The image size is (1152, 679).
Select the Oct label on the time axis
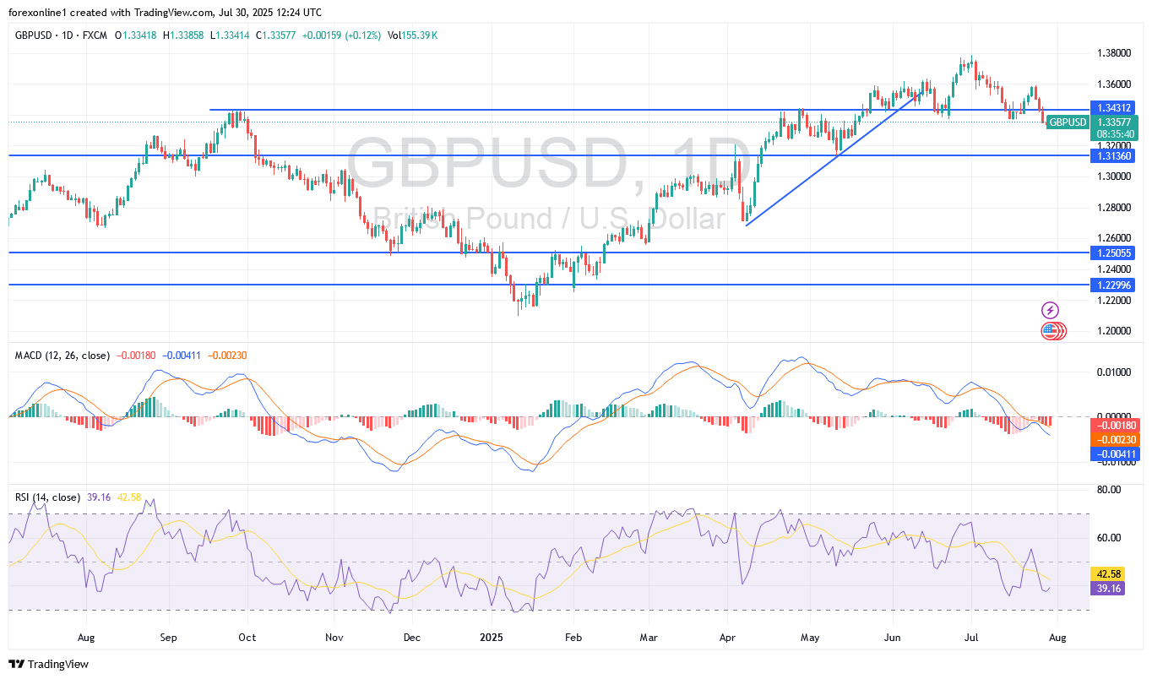tap(247, 638)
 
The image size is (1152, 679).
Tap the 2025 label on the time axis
tap(489, 638)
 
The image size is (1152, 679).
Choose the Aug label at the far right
tap(1057, 638)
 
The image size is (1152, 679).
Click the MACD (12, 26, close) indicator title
tap(62, 356)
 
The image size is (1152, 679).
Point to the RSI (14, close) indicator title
tap(48, 497)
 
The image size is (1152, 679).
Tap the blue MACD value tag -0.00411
tap(1116, 454)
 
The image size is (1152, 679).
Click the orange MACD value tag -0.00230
tap(1116, 440)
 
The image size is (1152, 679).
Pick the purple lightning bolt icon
tap(1050, 310)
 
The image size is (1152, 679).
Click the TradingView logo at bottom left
tap(49, 665)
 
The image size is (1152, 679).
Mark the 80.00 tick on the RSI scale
tap(1109, 490)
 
